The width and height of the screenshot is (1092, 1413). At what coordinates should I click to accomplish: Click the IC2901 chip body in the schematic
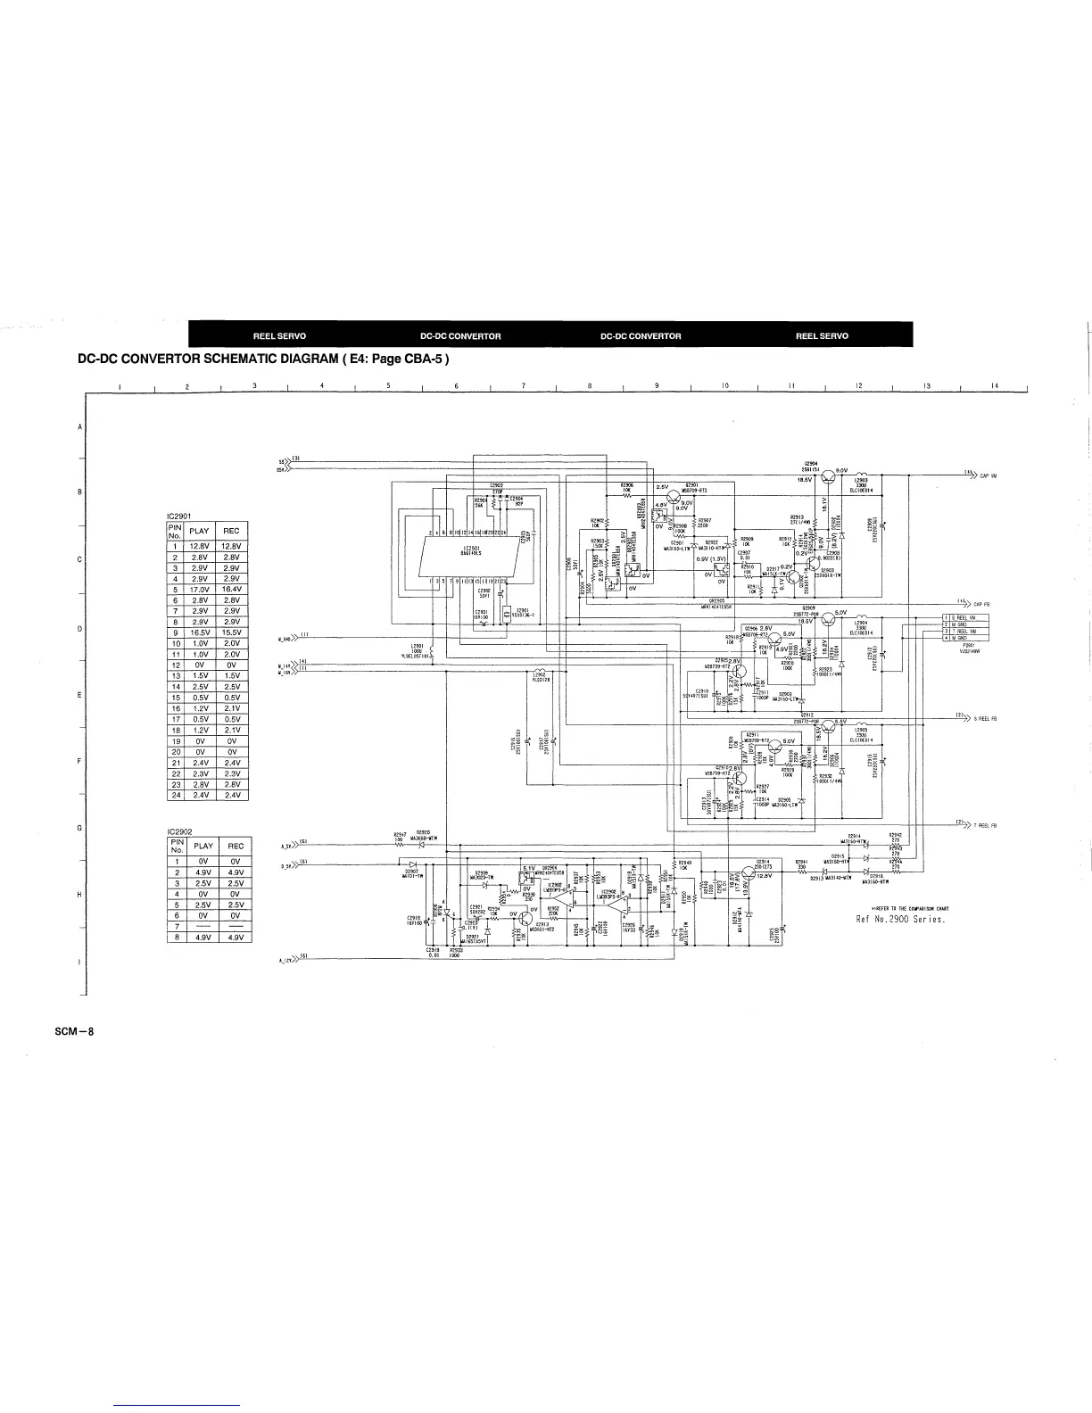(x=472, y=550)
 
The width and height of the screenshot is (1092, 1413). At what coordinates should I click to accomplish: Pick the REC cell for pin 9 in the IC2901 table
(x=232, y=632)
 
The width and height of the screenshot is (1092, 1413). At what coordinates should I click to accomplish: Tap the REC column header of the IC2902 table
(x=236, y=846)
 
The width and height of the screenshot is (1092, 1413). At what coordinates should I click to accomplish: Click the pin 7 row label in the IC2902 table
(x=177, y=926)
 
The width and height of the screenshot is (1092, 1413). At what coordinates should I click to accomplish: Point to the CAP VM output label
(x=989, y=476)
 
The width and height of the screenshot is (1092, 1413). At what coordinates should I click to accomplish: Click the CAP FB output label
(x=988, y=604)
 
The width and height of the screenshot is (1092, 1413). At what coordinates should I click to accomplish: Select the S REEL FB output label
(x=985, y=717)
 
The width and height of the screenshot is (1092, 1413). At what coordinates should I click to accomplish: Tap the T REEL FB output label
(x=985, y=825)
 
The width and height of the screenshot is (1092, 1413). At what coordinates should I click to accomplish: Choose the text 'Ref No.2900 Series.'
(x=900, y=919)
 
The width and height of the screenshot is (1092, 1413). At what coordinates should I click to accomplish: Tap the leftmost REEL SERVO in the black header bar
(x=279, y=336)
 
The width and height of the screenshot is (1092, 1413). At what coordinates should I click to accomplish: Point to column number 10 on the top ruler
(x=724, y=386)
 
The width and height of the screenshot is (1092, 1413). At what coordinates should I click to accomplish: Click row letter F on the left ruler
(x=80, y=761)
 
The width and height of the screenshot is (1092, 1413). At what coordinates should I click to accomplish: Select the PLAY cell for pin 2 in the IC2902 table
(x=203, y=872)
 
